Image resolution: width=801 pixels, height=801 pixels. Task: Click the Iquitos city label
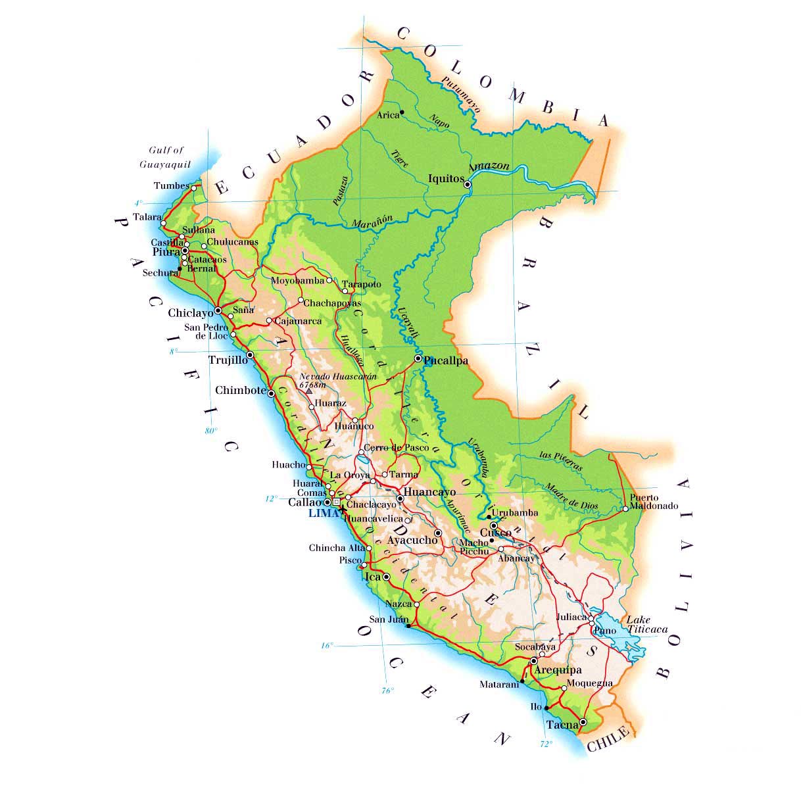click(x=446, y=178)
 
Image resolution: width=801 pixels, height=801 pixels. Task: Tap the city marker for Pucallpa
click(x=418, y=358)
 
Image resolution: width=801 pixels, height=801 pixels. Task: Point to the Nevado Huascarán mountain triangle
click(x=309, y=391)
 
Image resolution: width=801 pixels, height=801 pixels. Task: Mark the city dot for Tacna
click(x=583, y=722)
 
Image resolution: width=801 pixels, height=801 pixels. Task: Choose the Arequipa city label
click(x=558, y=670)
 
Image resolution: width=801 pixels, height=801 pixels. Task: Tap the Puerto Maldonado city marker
click(x=625, y=508)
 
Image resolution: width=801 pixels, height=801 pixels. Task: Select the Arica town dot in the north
click(x=402, y=112)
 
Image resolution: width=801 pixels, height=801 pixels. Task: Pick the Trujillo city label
click(x=228, y=360)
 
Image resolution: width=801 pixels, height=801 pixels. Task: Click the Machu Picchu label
click(x=474, y=547)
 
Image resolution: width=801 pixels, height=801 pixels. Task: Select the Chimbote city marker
click(x=271, y=393)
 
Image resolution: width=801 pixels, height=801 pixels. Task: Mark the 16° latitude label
click(x=327, y=646)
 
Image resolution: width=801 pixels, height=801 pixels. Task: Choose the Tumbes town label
click(x=172, y=185)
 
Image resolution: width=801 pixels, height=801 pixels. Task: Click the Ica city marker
click(x=386, y=577)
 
